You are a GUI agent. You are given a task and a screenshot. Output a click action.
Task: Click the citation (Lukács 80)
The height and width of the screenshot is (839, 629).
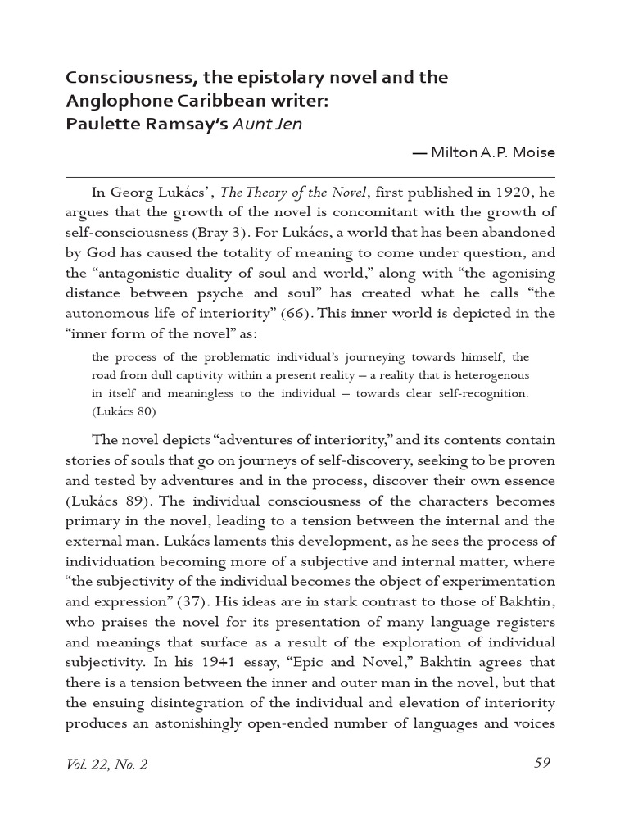[124, 411]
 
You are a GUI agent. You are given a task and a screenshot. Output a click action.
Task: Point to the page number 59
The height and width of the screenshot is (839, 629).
[541, 763]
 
